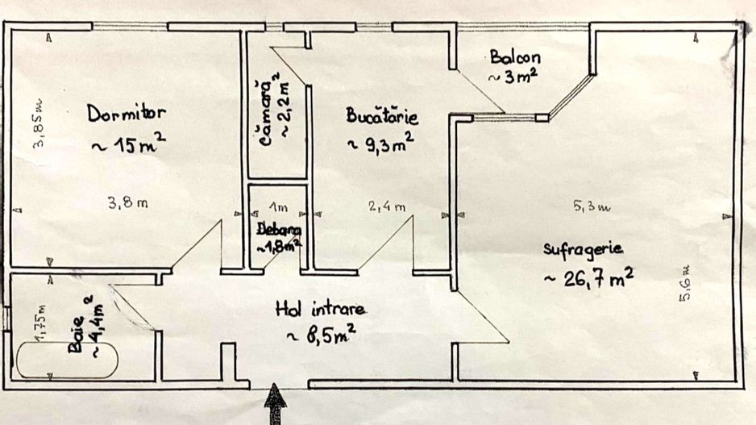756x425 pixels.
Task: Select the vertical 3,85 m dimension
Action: point(38,129)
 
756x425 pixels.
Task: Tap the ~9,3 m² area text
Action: point(380,144)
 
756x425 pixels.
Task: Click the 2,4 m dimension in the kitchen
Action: point(387,207)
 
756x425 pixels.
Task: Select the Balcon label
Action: point(514,58)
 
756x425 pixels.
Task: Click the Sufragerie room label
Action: point(583,248)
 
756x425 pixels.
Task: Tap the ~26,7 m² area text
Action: point(588,278)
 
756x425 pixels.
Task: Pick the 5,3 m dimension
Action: point(592,207)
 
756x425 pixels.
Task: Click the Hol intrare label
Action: point(321,308)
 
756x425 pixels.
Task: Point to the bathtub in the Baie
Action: point(66,360)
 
